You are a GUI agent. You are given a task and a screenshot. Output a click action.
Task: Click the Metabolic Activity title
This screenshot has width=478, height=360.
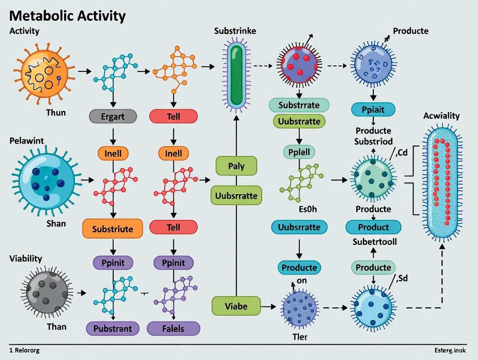67,16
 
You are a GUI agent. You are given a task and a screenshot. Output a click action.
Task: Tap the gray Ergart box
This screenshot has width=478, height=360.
113,116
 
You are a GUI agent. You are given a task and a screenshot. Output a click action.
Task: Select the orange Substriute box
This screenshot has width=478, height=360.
113,229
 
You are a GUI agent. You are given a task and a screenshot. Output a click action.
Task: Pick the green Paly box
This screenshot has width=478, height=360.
236,166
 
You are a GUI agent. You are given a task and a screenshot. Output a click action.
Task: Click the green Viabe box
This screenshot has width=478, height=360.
236,306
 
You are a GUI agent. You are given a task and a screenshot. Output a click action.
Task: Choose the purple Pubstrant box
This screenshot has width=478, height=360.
113,328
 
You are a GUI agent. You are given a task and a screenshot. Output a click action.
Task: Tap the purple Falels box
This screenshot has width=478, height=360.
173,328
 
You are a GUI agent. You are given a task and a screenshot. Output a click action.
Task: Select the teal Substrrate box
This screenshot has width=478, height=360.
299,105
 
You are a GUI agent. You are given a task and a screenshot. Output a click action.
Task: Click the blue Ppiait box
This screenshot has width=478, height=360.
373,110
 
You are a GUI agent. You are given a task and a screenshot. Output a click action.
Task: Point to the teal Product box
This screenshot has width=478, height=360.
373,227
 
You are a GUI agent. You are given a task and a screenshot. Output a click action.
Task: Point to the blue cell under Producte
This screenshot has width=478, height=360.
373,65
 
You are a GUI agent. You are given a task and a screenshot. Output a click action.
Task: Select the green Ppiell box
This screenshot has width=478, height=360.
299,152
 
